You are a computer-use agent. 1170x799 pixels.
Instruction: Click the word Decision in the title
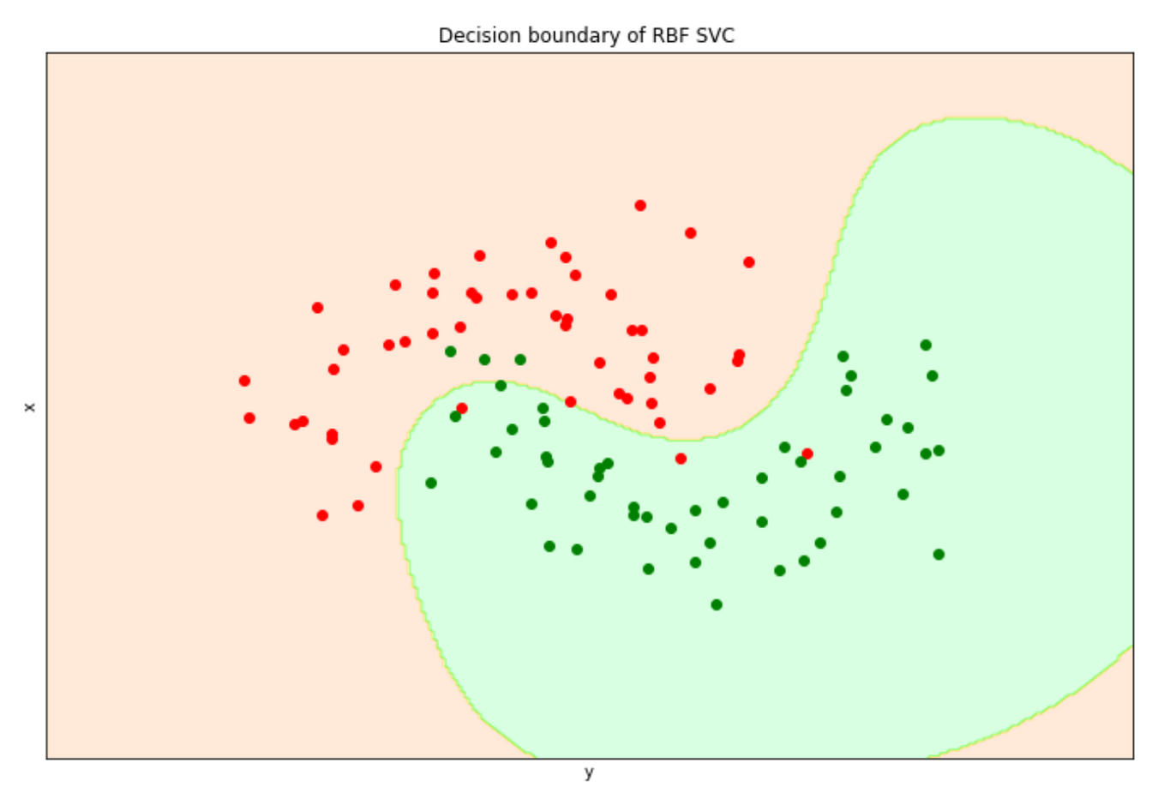point(469,35)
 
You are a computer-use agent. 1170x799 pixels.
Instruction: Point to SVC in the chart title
point(716,35)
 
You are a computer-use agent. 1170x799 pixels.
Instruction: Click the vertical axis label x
point(30,406)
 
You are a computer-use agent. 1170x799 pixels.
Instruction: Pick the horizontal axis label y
point(589,772)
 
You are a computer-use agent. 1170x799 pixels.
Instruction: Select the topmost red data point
point(640,206)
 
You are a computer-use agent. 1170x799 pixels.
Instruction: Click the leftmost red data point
point(244,381)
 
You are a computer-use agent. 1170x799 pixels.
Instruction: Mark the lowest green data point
point(717,605)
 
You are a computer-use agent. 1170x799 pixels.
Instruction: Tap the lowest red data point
point(322,516)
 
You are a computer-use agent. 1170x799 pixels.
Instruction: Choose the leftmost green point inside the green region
point(431,484)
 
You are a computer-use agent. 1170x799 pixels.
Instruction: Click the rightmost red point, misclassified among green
point(807,454)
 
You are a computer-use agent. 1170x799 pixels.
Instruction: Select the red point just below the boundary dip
point(681,459)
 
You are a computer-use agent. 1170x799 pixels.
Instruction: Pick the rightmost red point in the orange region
point(749,262)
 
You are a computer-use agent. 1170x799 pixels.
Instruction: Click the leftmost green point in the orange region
point(451,351)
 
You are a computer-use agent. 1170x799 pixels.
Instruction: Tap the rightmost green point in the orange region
point(520,360)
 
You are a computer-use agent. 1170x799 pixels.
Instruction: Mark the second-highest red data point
point(691,233)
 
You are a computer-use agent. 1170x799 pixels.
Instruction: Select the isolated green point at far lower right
point(939,555)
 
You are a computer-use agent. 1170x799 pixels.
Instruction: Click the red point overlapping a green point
point(462,409)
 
